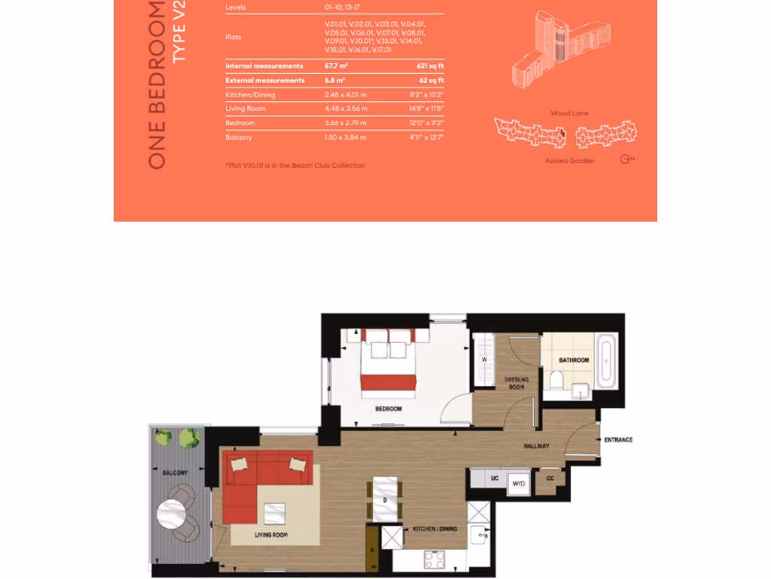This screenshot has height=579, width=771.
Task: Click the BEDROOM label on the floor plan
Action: click(x=389, y=409)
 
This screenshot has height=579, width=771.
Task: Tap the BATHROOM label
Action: click(x=574, y=360)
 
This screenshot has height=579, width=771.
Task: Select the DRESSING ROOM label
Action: click(x=517, y=383)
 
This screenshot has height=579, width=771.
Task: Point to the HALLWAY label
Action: click(x=536, y=446)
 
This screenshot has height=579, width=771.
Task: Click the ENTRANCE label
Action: click(x=618, y=440)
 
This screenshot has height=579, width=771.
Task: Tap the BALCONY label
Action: click(x=175, y=473)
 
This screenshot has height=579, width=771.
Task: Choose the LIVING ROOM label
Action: click(x=271, y=535)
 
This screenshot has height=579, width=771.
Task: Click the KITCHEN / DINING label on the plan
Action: click(x=434, y=528)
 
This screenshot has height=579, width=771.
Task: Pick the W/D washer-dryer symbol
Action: click(x=519, y=482)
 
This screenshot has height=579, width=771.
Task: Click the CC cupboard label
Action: click(x=550, y=478)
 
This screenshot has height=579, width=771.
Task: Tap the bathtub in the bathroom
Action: click(x=606, y=362)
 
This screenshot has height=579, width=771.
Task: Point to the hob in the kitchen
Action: click(x=435, y=560)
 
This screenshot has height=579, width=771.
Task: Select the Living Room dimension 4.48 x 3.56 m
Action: click(x=346, y=109)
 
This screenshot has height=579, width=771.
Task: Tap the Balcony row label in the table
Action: click(x=239, y=137)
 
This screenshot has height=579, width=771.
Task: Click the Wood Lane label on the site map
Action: click(x=569, y=113)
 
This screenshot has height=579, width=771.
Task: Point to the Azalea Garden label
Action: click(x=569, y=161)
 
